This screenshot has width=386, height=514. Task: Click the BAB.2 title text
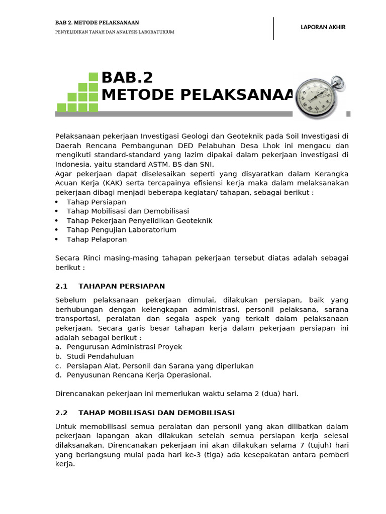127,78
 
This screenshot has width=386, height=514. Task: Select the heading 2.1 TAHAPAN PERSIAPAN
110,286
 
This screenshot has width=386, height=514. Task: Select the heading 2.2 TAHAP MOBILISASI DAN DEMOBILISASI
145,413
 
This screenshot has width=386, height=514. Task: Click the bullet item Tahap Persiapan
96,202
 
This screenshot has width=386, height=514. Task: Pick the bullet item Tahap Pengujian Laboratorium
122,230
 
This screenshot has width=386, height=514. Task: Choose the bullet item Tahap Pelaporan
96,239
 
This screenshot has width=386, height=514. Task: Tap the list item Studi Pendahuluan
100,356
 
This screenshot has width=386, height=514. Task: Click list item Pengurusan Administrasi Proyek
124,347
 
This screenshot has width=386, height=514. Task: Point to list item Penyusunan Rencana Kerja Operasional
139,375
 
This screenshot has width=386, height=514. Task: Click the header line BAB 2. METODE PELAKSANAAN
97,23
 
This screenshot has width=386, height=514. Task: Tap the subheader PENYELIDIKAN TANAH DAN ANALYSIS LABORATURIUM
115,32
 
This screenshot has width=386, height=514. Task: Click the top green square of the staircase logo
93,77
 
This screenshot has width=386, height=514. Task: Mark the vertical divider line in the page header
274,28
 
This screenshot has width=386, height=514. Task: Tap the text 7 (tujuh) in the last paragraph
312,445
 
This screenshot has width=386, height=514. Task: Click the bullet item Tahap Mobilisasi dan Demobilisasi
128,211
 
